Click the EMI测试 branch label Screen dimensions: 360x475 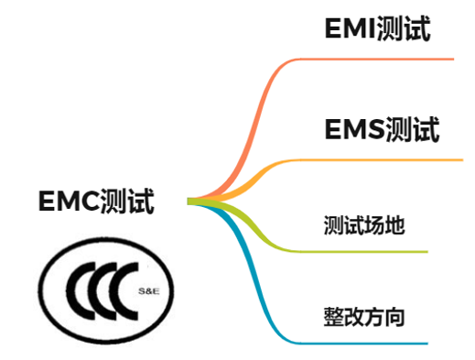[x=377, y=29]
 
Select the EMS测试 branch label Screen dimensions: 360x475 [x=382, y=129]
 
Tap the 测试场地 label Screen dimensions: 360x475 [x=363, y=224]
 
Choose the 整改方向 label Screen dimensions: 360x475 [x=363, y=318]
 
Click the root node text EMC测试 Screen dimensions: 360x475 [x=96, y=200]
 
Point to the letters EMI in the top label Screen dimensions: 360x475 [x=349, y=29]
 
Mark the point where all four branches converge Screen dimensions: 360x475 [x=191, y=201]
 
